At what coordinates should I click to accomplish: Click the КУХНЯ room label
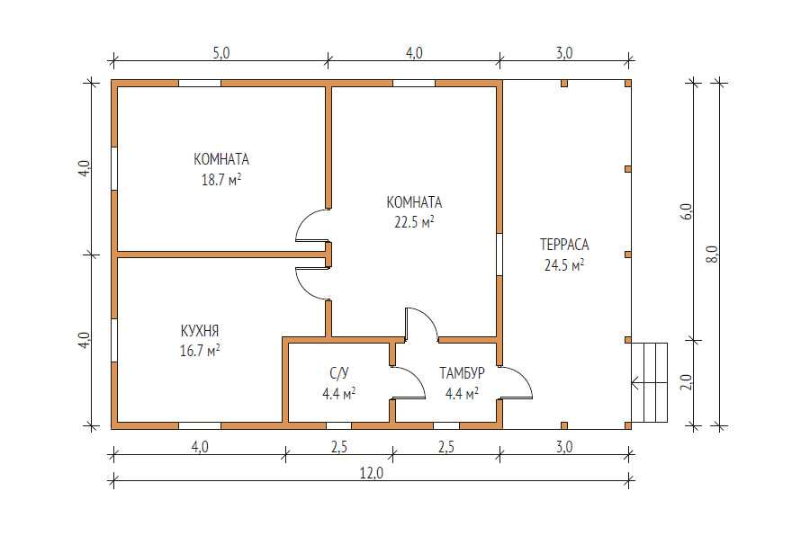pyautogui.click(x=200, y=330)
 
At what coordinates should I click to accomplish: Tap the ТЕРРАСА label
pyautogui.click(x=564, y=245)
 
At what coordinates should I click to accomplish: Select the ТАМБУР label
pyautogui.click(x=462, y=373)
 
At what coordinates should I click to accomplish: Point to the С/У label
pyautogui.click(x=339, y=373)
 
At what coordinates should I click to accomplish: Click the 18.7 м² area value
pyautogui.click(x=221, y=180)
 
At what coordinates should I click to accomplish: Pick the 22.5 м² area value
pyautogui.click(x=414, y=222)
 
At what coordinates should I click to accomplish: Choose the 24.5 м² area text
pyautogui.click(x=564, y=265)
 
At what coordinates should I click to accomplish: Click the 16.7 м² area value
pyautogui.click(x=200, y=351)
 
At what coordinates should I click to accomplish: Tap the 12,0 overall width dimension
pyautogui.click(x=372, y=473)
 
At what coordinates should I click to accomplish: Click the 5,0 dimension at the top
pyautogui.click(x=220, y=53)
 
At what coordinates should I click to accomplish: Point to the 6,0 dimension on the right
pyautogui.click(x=686, y=211)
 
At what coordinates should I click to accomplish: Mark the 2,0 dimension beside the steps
pyautogui.click(x=686, y=382)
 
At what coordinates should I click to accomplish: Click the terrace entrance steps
pyautogui.click(x=650, y=382)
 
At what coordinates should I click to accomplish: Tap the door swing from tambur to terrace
pyautogui.click(x=523, y=376)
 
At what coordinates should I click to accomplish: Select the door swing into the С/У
pyautogui.click(x=416, y=376)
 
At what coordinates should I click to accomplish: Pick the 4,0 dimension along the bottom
pyautogui.click(x=200, y=447)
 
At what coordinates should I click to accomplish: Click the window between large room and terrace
pyautogui.click(x=499, y=254)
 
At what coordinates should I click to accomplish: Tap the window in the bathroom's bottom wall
pyautogui.click(x=339, y=426)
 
